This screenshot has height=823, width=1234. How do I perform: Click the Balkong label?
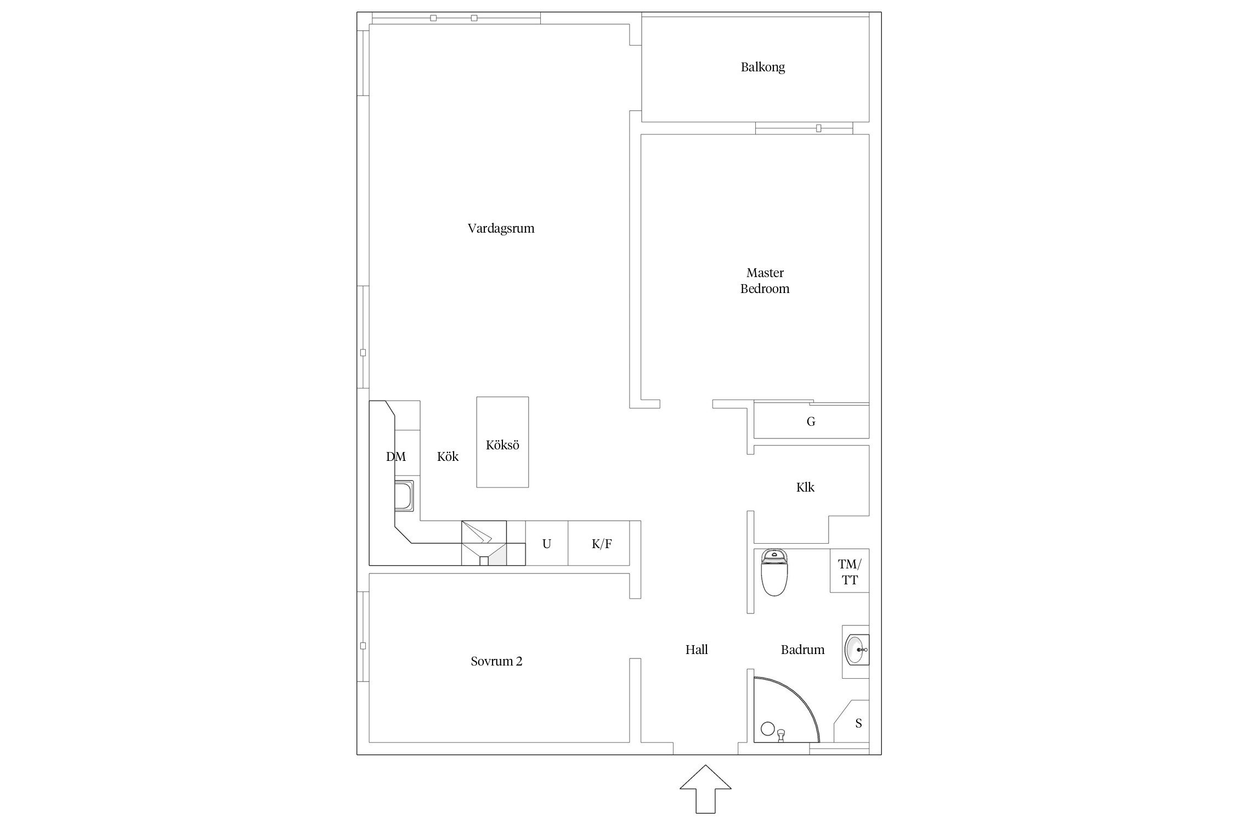(762, 67)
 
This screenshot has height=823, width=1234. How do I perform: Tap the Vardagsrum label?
(501, 228)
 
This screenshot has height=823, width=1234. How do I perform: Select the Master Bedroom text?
(765, 280)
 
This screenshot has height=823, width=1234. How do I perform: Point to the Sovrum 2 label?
(496, 661)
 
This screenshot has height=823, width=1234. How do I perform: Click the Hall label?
(697, 650)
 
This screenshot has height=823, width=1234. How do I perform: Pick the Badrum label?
(802, 650)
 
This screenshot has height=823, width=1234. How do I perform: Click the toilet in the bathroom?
(774, 572)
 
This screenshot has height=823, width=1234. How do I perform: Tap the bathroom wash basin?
(857, 650)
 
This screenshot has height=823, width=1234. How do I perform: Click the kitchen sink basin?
(404, 496)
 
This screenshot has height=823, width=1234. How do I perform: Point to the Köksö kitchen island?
(502, 442)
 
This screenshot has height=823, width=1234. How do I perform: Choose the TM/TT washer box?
(850, 571)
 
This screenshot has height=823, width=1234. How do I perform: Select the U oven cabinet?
(547, 543)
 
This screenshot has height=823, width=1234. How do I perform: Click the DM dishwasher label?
(396, 456)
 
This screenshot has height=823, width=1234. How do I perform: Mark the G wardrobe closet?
(811, 421)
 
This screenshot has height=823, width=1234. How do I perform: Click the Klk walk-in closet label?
(805, 487)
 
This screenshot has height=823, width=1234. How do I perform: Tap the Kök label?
(448, 456)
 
